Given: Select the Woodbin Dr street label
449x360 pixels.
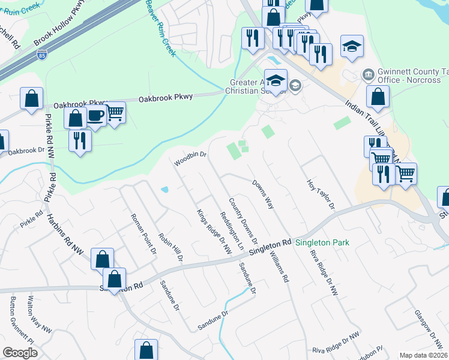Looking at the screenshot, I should click(x=190, y=158).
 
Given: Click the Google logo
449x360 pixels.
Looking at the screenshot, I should click(x=20, y=353).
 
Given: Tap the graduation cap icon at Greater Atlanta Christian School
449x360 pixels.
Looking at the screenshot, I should click(x=276, y=80).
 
